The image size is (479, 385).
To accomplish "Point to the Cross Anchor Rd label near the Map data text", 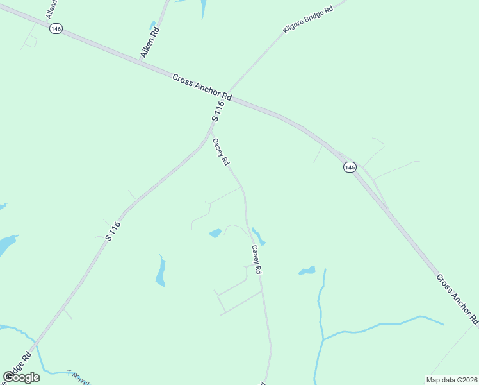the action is (457, 299).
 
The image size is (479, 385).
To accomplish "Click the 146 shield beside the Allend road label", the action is (56, 30).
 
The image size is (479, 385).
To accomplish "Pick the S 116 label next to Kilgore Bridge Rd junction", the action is (219, 111).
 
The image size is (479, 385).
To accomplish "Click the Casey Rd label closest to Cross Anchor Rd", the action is (220, 153).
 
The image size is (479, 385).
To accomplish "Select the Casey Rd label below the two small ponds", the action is (257, 261).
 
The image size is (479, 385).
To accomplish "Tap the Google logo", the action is (21, 377).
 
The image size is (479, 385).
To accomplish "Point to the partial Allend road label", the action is (51, 9).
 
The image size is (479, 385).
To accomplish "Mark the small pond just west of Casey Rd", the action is (215, 233).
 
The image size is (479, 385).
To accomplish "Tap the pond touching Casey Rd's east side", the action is (258, 235).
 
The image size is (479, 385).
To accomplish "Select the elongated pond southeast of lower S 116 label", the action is (161, 272).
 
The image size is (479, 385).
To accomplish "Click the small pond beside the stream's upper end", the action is (307, 271).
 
